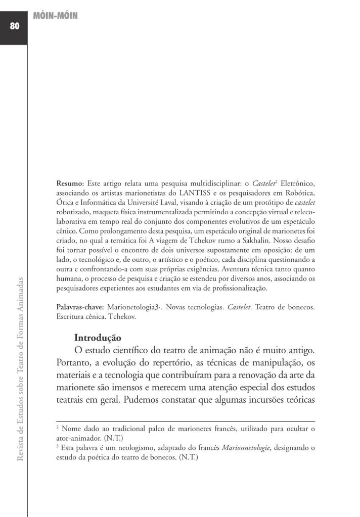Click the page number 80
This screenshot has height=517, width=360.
click(14, 26)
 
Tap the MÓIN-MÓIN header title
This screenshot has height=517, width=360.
click(55, 16)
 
